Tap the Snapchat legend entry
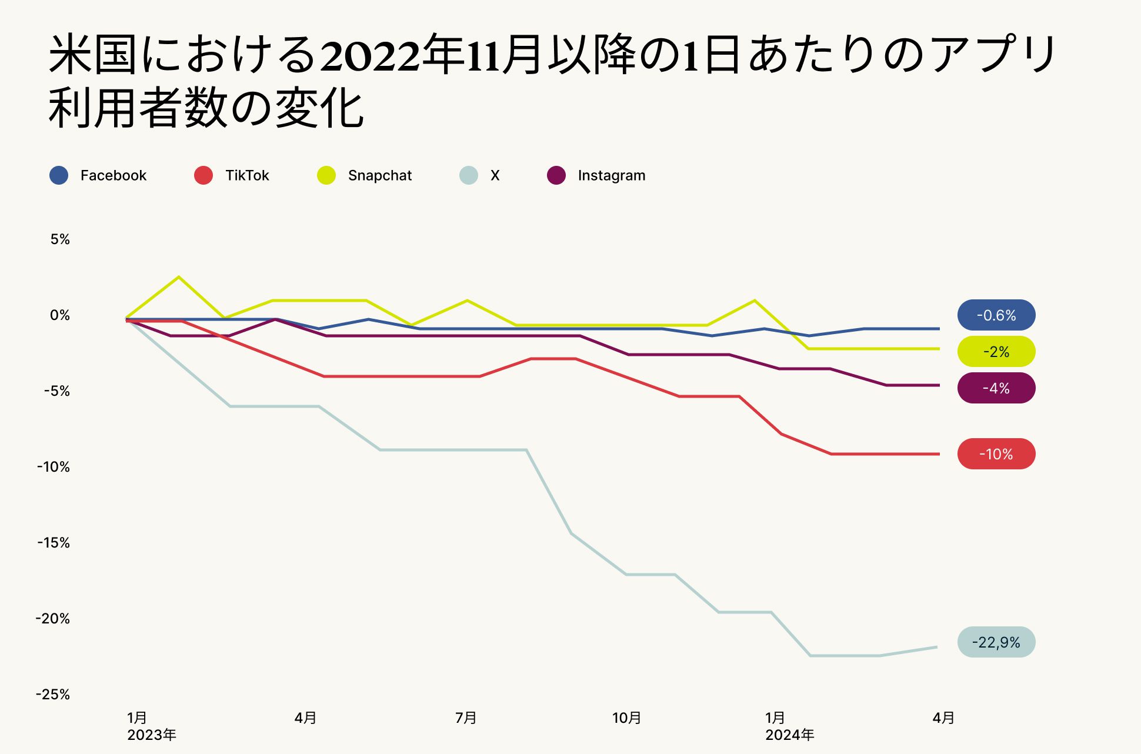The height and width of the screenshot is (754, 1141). pyautogui.click(x=365, y=175)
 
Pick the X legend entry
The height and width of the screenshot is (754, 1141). pyautogui.click(x=480, y=175)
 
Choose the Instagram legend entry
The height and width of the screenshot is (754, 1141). pyautogui.click(x=596, y=175)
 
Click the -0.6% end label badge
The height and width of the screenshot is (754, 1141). pyautogui.click(x=996, y=315)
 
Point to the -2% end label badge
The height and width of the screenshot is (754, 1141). pyautogui.click(x=996, y=352)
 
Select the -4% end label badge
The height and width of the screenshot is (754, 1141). pyautogui.click(x=996, y=388)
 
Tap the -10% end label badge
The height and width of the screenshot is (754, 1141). pyautogui.click(x=996, y=454)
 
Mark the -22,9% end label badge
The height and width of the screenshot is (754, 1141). pyautogui.click(x=996, y=642)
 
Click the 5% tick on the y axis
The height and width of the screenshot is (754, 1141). pyautogui.click(x=60, y=239)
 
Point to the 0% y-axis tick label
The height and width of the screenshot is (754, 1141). pyautogui.click(x=60, y=315)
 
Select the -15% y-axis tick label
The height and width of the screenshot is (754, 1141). pyautogui.click(x=54, y=543)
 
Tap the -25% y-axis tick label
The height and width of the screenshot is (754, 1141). pyautogui.click(x=53, y=695)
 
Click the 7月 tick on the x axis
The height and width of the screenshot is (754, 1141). pyautogui.click(x=466, y=718)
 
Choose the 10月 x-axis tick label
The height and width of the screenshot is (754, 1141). pyautogui.click(x=626, y=718)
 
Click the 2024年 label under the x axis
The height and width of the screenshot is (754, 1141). pyautogui.click(x=790, y=735)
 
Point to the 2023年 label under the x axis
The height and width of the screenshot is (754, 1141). pyautogui.click(x=152, y=735)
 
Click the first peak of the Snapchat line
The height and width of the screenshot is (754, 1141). pyautogui.click(x=179, y=277)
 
